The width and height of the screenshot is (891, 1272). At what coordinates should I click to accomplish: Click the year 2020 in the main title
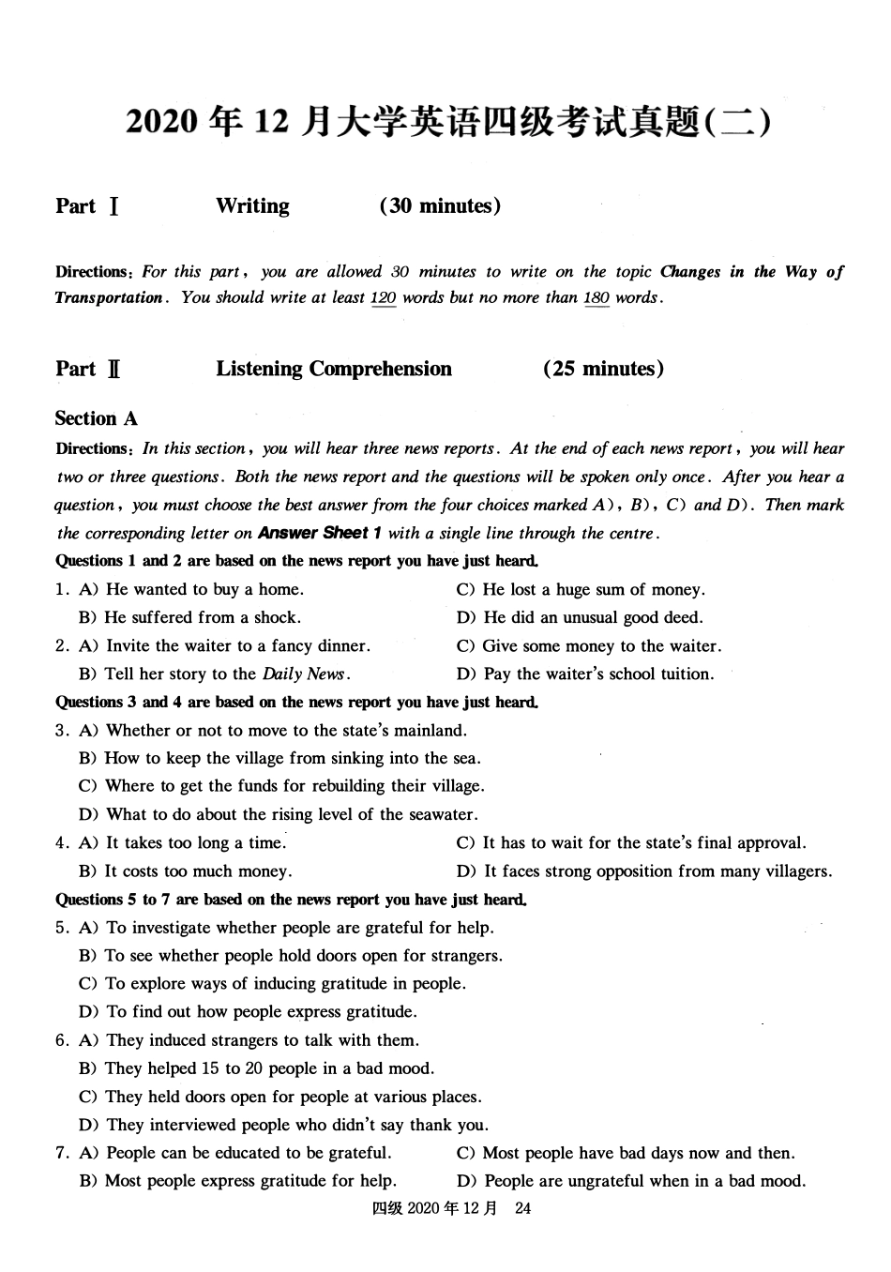[162, 124]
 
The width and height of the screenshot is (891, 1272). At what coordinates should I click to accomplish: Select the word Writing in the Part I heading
[252, 206]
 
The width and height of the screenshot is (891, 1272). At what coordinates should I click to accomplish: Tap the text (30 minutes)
[440, 206]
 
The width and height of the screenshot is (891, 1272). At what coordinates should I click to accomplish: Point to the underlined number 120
[384, 298]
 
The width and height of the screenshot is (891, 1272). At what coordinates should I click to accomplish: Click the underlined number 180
[597, 298]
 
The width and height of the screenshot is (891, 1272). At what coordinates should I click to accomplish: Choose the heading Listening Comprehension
[334, 369]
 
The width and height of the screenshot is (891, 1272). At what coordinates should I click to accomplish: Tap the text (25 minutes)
[603, 369]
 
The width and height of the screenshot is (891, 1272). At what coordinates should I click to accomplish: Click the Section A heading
[96, 418]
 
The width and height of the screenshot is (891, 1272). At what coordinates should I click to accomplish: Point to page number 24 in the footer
[523, 1208]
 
